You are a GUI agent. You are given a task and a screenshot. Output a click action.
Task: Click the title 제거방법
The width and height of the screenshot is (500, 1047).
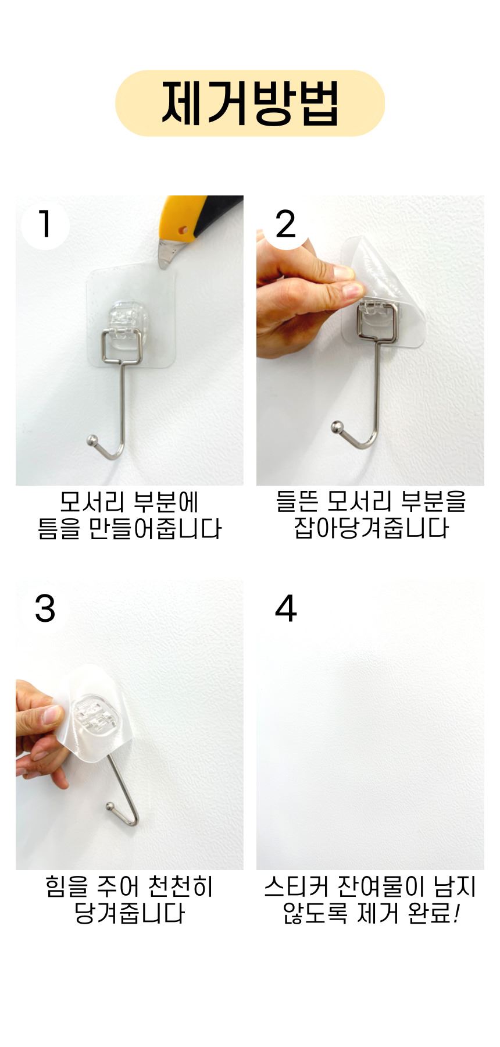(250, 103)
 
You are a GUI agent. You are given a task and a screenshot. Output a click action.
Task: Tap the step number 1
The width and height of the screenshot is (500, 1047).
(45, 225)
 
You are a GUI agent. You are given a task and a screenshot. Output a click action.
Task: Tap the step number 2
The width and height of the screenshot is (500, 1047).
(285, 225)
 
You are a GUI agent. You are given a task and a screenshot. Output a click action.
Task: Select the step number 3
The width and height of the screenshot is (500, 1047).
(45, 609)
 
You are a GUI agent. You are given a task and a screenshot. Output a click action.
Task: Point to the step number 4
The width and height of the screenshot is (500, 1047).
(285, 609)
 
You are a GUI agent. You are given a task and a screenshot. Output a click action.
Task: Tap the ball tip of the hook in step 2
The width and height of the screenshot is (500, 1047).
(337, 428)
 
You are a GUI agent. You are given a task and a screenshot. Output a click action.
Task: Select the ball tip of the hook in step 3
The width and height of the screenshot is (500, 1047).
(110, 807)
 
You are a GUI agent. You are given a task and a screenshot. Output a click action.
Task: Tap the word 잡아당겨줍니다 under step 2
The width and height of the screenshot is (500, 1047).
(371, 529)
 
